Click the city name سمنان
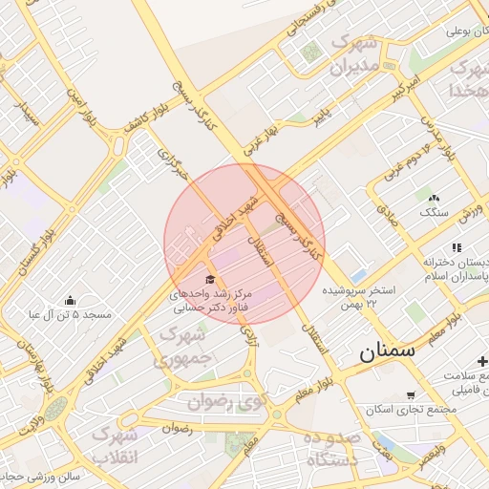(389, 351)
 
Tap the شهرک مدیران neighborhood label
(355, 55)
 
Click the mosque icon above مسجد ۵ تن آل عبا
(70, 300)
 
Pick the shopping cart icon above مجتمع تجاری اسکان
(411, 394)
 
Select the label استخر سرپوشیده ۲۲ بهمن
(358, 295)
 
